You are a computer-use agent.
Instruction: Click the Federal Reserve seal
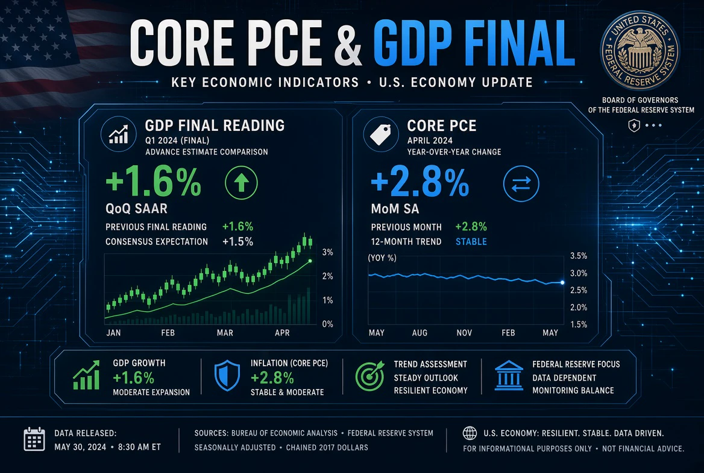click(x=640, y=50)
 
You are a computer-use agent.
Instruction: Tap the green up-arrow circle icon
click(x=241, y=183)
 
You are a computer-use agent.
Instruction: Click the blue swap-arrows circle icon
click(x=521, y=183)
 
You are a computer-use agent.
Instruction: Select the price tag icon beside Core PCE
click(x=381, y=134)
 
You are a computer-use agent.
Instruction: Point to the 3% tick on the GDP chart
click(x=328, y=252)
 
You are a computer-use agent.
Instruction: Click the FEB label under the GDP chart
click(x=168, y=332)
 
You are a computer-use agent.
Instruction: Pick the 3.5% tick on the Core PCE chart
click(x=579, y=256)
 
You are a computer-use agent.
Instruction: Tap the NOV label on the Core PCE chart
click(x=464, y=332)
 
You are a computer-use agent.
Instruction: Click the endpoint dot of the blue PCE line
click(x=562, y=282)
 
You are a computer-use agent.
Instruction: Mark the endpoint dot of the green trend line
click(x=310, y=261)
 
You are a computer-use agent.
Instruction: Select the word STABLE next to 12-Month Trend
click(x=471, y=241)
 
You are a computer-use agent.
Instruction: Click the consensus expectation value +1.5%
click(x=238, y=241)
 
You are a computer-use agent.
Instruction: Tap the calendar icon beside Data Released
click(x=34, y=439)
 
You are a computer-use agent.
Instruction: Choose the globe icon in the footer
click(x=470, y=433)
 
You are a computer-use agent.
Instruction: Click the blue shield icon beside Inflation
click(x=227, y=375)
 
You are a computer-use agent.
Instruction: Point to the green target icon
click(x=370, y=376)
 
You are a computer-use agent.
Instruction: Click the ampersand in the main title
click(x=348, y=43)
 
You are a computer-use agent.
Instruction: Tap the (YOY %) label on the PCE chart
click(x=382, y=258)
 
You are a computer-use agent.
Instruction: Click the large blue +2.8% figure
click(x=420, y=182)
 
